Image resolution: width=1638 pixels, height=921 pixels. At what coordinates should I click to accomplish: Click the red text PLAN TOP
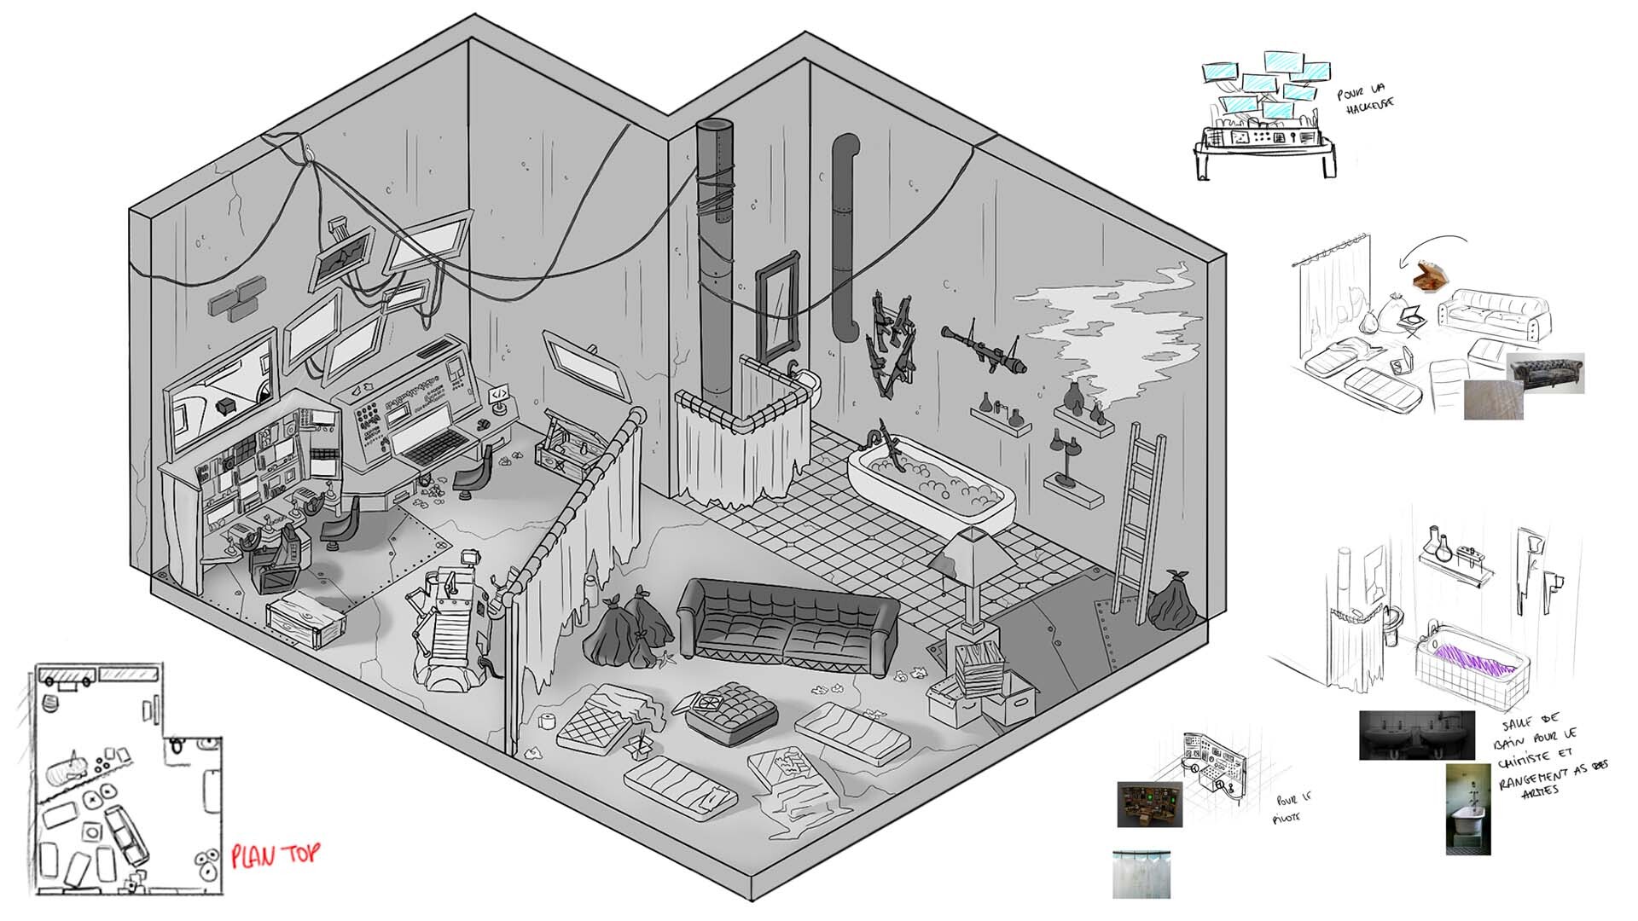point(275,855)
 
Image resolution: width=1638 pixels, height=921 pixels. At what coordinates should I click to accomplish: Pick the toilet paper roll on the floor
point(546,721)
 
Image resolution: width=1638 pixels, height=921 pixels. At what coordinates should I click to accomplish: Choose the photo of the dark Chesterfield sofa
point(1547,373)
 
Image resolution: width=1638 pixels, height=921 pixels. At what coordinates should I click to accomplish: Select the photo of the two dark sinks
point(1416,735)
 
